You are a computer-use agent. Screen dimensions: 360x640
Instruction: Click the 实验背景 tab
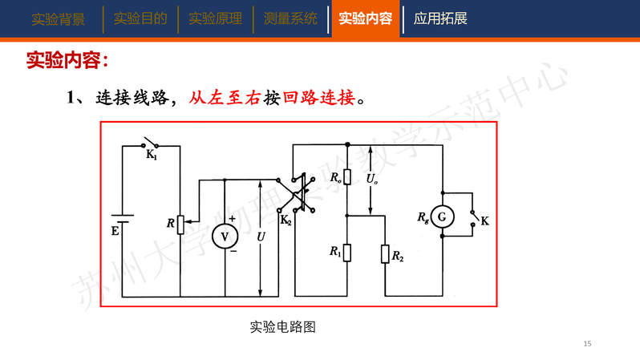click(x=58, y=18)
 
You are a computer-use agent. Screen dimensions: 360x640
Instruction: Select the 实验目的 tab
click(x=140, y=18)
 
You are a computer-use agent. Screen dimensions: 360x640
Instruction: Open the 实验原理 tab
click(x=215, y=18)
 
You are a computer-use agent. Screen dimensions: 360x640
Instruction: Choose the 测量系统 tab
click(x=290, y=18)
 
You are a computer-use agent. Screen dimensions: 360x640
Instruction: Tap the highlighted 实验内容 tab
click(x=365, y=18)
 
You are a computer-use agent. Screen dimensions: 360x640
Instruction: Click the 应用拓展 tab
click(x=440, y=18)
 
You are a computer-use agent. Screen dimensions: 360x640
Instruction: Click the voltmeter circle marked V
click(x=225, y=235)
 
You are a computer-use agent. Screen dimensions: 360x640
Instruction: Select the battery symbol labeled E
click(x=121, y=218)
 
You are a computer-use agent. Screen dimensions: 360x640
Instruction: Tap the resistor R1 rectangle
click(x=347, y=253)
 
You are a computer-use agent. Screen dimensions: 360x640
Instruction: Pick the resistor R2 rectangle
click(x=386, y=255)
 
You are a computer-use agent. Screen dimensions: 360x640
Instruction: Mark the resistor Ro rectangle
click(x=347, y=177)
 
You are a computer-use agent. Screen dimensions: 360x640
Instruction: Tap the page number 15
click(x=587, y=344)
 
